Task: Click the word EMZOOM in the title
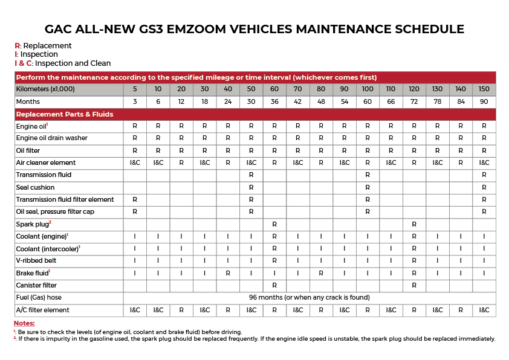tap(196, 29)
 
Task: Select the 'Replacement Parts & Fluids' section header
tap(65, 114)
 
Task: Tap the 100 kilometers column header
tap(368, 89)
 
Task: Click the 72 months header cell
tap(414, 101)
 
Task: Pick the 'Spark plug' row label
tap(33, 224)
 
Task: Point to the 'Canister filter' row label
tap(36, 286)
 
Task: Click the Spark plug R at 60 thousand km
tap(274, 224)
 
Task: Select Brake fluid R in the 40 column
tap(228, 274)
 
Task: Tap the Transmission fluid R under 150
tap(484, 175)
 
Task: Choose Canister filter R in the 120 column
tap(414, 286)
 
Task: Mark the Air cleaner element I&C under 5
tap(135, 163)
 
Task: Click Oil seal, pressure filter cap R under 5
tap(135, 212)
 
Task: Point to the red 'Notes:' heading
tap(24, 323)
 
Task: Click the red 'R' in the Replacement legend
tap(17, 46)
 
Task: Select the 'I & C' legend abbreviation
tap(23, 63)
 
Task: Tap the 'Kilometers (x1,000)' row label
tap(45, 89)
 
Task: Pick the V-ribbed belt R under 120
tap(414, 261)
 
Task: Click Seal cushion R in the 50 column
tap(251, 187)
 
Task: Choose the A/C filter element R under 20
tap(181, 310)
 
